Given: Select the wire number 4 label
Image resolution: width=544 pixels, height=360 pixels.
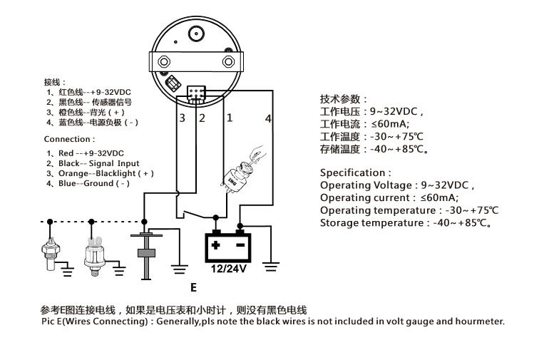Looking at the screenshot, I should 268,118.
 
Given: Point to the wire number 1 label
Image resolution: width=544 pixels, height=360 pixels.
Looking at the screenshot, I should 229,118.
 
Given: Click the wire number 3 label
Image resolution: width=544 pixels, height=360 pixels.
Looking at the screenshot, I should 182,118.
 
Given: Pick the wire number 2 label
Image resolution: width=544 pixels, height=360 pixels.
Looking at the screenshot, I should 202,118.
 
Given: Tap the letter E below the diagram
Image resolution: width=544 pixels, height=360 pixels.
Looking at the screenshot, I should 193,288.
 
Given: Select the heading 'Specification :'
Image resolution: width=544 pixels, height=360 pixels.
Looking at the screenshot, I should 355,173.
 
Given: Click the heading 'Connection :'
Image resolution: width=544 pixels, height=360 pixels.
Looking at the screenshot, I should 68,139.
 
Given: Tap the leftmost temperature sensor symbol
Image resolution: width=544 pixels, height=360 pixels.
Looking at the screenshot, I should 49,252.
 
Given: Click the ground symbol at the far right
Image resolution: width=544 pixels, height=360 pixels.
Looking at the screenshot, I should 271,267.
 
